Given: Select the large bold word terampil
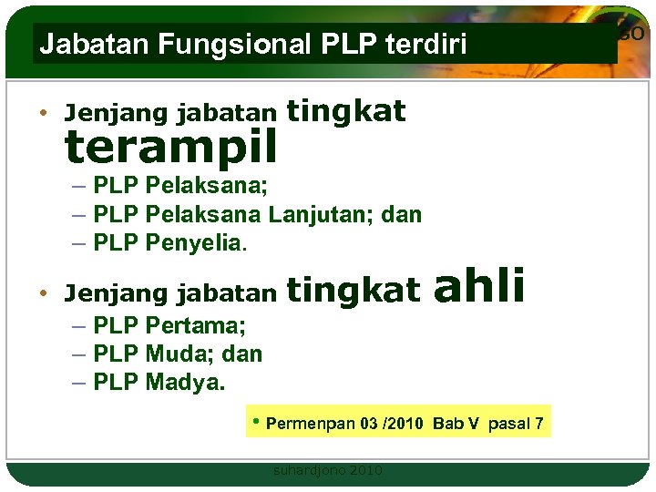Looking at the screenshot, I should (x=170, y=144).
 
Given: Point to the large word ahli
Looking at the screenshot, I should (x=479, y=286).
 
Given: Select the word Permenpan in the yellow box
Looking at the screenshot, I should (x=310, y=425).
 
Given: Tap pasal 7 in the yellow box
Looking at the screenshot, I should (x=516, y=425).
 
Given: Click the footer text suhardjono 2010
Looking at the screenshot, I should (x=328, y=470).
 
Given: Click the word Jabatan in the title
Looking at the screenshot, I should (x=77, y=44).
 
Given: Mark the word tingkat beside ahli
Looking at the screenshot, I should (x=354, y=291).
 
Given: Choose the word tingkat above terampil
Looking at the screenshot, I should (x=346, y=111).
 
